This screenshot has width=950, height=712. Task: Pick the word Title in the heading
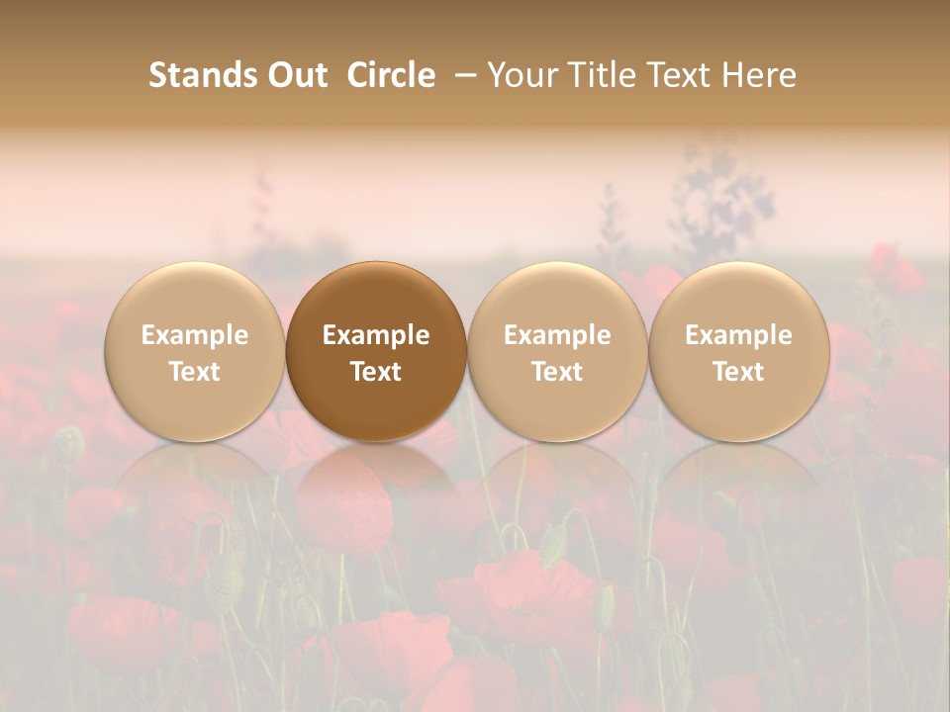(602, 75)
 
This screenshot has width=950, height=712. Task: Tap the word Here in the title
(759, 75)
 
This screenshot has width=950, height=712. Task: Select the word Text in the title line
(682, 75)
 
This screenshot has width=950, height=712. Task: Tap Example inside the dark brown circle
(376, 335)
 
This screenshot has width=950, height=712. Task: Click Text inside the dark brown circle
(376, 372)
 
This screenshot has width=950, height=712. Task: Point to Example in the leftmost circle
(195, 335)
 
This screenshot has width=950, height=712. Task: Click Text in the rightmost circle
(738, 372)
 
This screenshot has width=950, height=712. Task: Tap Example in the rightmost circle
(738, 335)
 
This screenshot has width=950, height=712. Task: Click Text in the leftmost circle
(195, 372)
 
